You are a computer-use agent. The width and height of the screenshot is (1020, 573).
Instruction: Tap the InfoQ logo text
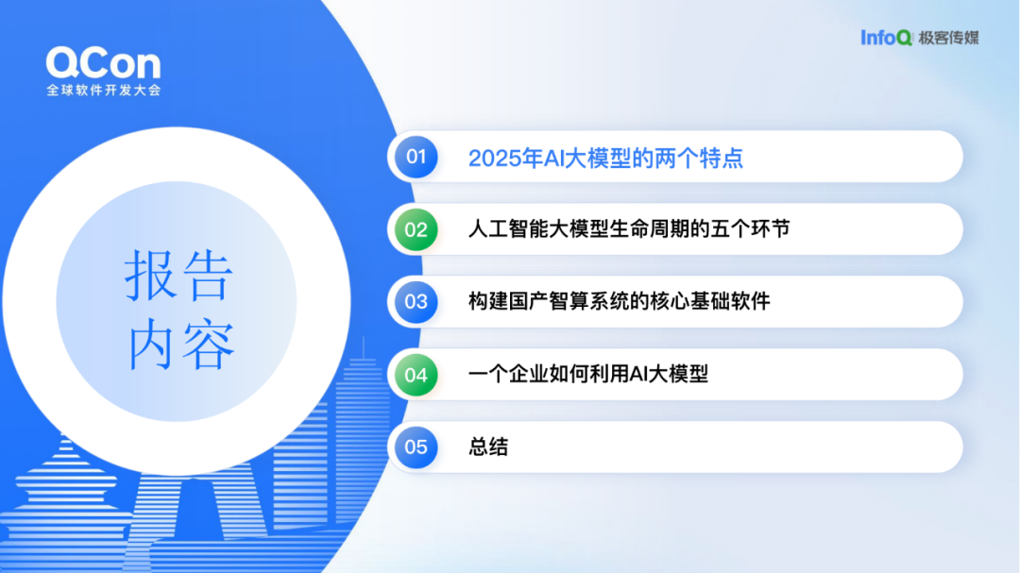click(x=887, y=38)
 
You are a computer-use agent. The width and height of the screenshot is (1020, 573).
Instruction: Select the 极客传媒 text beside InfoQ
click(x=948, y=39)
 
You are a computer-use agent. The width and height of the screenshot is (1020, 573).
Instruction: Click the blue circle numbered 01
click(x=416, y=157)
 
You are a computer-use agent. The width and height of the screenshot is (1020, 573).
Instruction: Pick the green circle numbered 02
click(x=416, y=229)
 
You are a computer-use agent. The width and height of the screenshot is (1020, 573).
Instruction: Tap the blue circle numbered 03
click(x=416, y=302)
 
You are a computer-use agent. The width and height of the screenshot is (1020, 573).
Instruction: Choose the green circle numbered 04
click(x=416, y=375)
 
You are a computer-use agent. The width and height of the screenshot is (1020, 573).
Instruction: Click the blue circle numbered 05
click(x=416, y=447)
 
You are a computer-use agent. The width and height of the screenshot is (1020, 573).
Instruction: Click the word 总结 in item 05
click(x=488, y=447)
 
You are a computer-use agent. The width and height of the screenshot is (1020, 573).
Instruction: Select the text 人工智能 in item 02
click(x=508, y=229)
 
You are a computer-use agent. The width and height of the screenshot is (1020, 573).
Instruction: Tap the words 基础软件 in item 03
click(x=730, y=301)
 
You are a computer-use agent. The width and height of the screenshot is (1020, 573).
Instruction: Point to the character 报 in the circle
click(x=150, y=275)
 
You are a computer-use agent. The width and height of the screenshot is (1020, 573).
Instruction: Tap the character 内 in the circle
click(x=150, y=344)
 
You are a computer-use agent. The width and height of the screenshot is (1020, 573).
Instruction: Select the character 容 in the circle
click(x=208, y=344)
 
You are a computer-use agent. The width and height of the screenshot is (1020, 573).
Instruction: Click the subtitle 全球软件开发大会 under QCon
click(x=104, y=91)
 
